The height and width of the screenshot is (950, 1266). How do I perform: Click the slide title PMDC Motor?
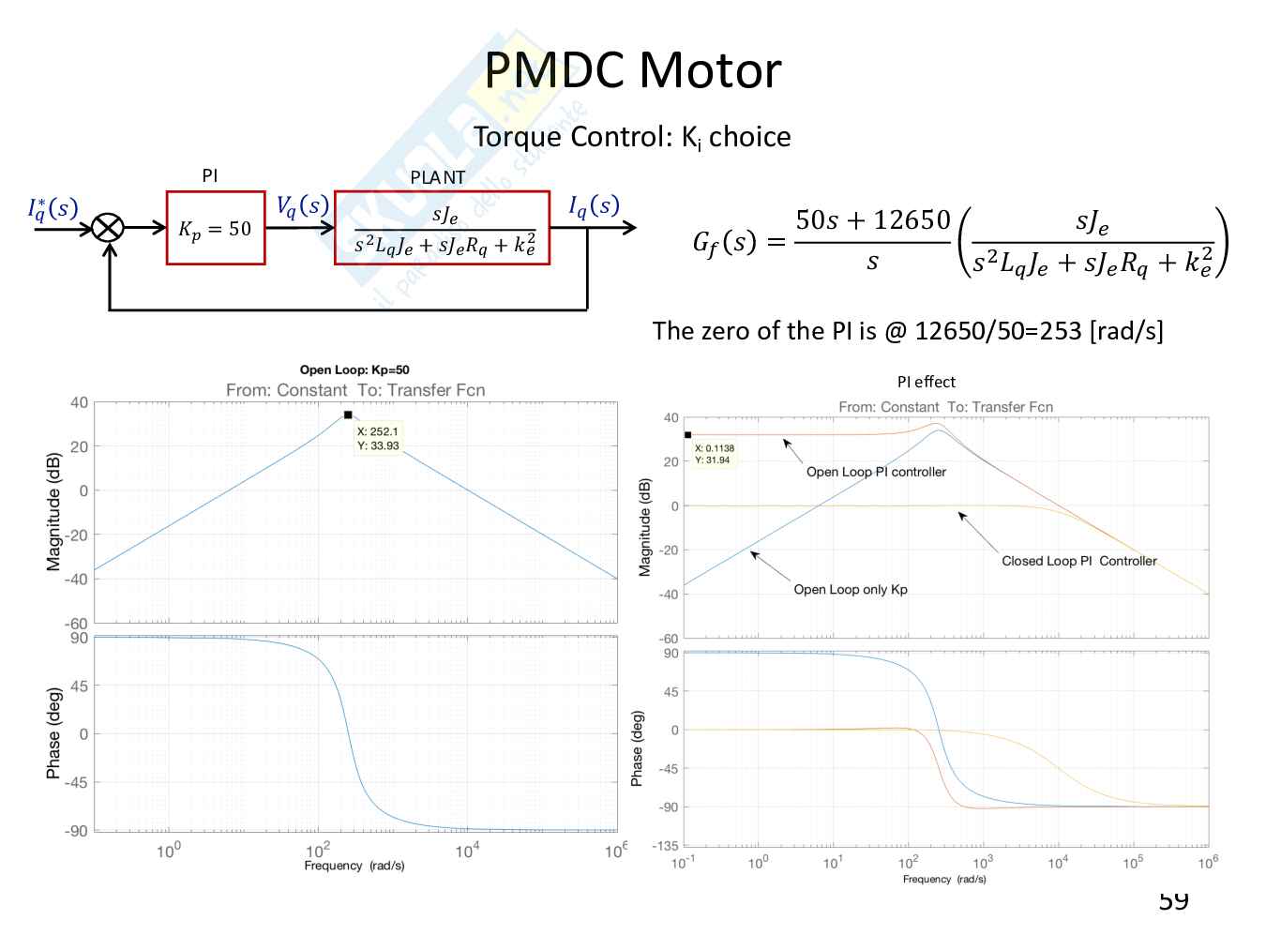pos(632,70)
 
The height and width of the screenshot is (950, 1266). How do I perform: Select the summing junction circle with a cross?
pos(109,228)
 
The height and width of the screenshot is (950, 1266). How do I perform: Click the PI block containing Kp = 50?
pos(216,228)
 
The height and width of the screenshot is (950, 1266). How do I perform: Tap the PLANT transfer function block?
pos(442,228)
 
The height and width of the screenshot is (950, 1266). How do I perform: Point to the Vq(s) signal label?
pos(302,206)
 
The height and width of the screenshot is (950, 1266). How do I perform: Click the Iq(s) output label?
pos(594,206)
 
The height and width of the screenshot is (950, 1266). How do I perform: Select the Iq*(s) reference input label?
pos(53,208)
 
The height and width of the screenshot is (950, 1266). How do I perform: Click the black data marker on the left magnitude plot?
pos(348,415)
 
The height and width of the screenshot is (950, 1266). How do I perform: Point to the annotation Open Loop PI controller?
pos(876,472)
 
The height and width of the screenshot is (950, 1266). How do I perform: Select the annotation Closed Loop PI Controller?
pos(1078,561)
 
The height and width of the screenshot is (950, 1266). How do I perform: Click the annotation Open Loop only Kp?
pos(851,589)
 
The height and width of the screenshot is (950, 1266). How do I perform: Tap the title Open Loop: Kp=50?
pos(354,369)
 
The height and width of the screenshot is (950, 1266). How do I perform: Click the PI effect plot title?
pos(926,382)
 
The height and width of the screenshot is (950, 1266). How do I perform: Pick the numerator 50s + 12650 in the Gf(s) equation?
pos(872,220)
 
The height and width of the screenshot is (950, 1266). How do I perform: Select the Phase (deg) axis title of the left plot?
pos(54,733)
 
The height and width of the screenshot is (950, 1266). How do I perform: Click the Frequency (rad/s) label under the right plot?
pos(944,879)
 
